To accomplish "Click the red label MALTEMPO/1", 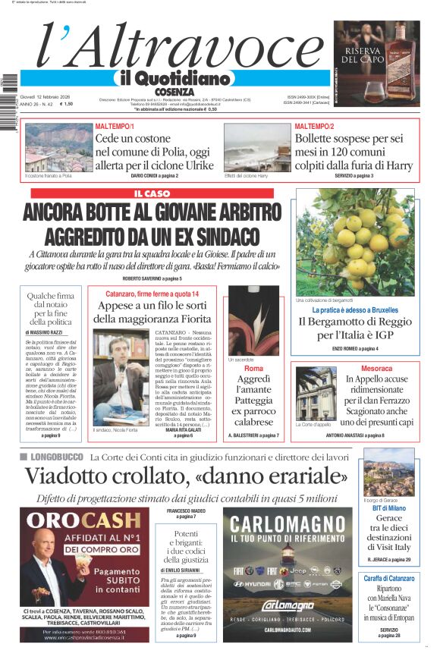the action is coord(115,126).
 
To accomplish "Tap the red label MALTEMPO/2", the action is coord(313,126).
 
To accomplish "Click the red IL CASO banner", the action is coord(152,193).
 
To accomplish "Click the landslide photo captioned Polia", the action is coord(49,147).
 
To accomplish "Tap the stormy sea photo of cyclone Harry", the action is coord(256,147).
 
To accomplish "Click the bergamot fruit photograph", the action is coord(355,241).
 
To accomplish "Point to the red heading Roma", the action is coord(253,368).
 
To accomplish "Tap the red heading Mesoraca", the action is coord(376,368).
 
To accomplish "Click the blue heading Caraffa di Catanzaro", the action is coord(388,578).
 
